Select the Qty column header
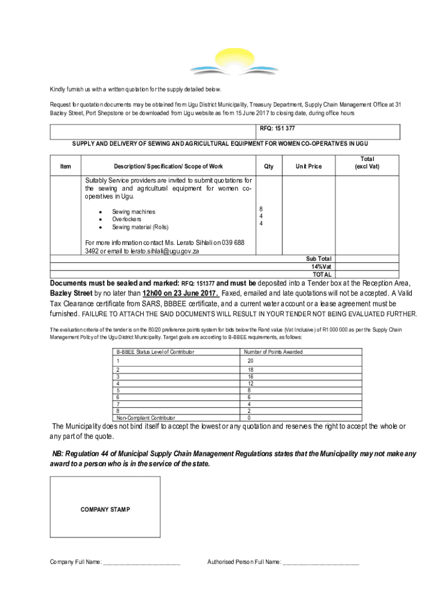click(268, 167)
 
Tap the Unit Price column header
click(308, 167)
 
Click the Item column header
click(65, 167)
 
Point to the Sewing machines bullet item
click(133, 212)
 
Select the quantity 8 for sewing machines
click(261, 208)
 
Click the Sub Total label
click(319, 259)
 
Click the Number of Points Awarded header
click(273, 352)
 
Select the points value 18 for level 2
click(250, 369)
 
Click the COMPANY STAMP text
click(105, 510)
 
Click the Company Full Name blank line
click(141, 562)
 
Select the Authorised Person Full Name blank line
click(321, 562)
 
